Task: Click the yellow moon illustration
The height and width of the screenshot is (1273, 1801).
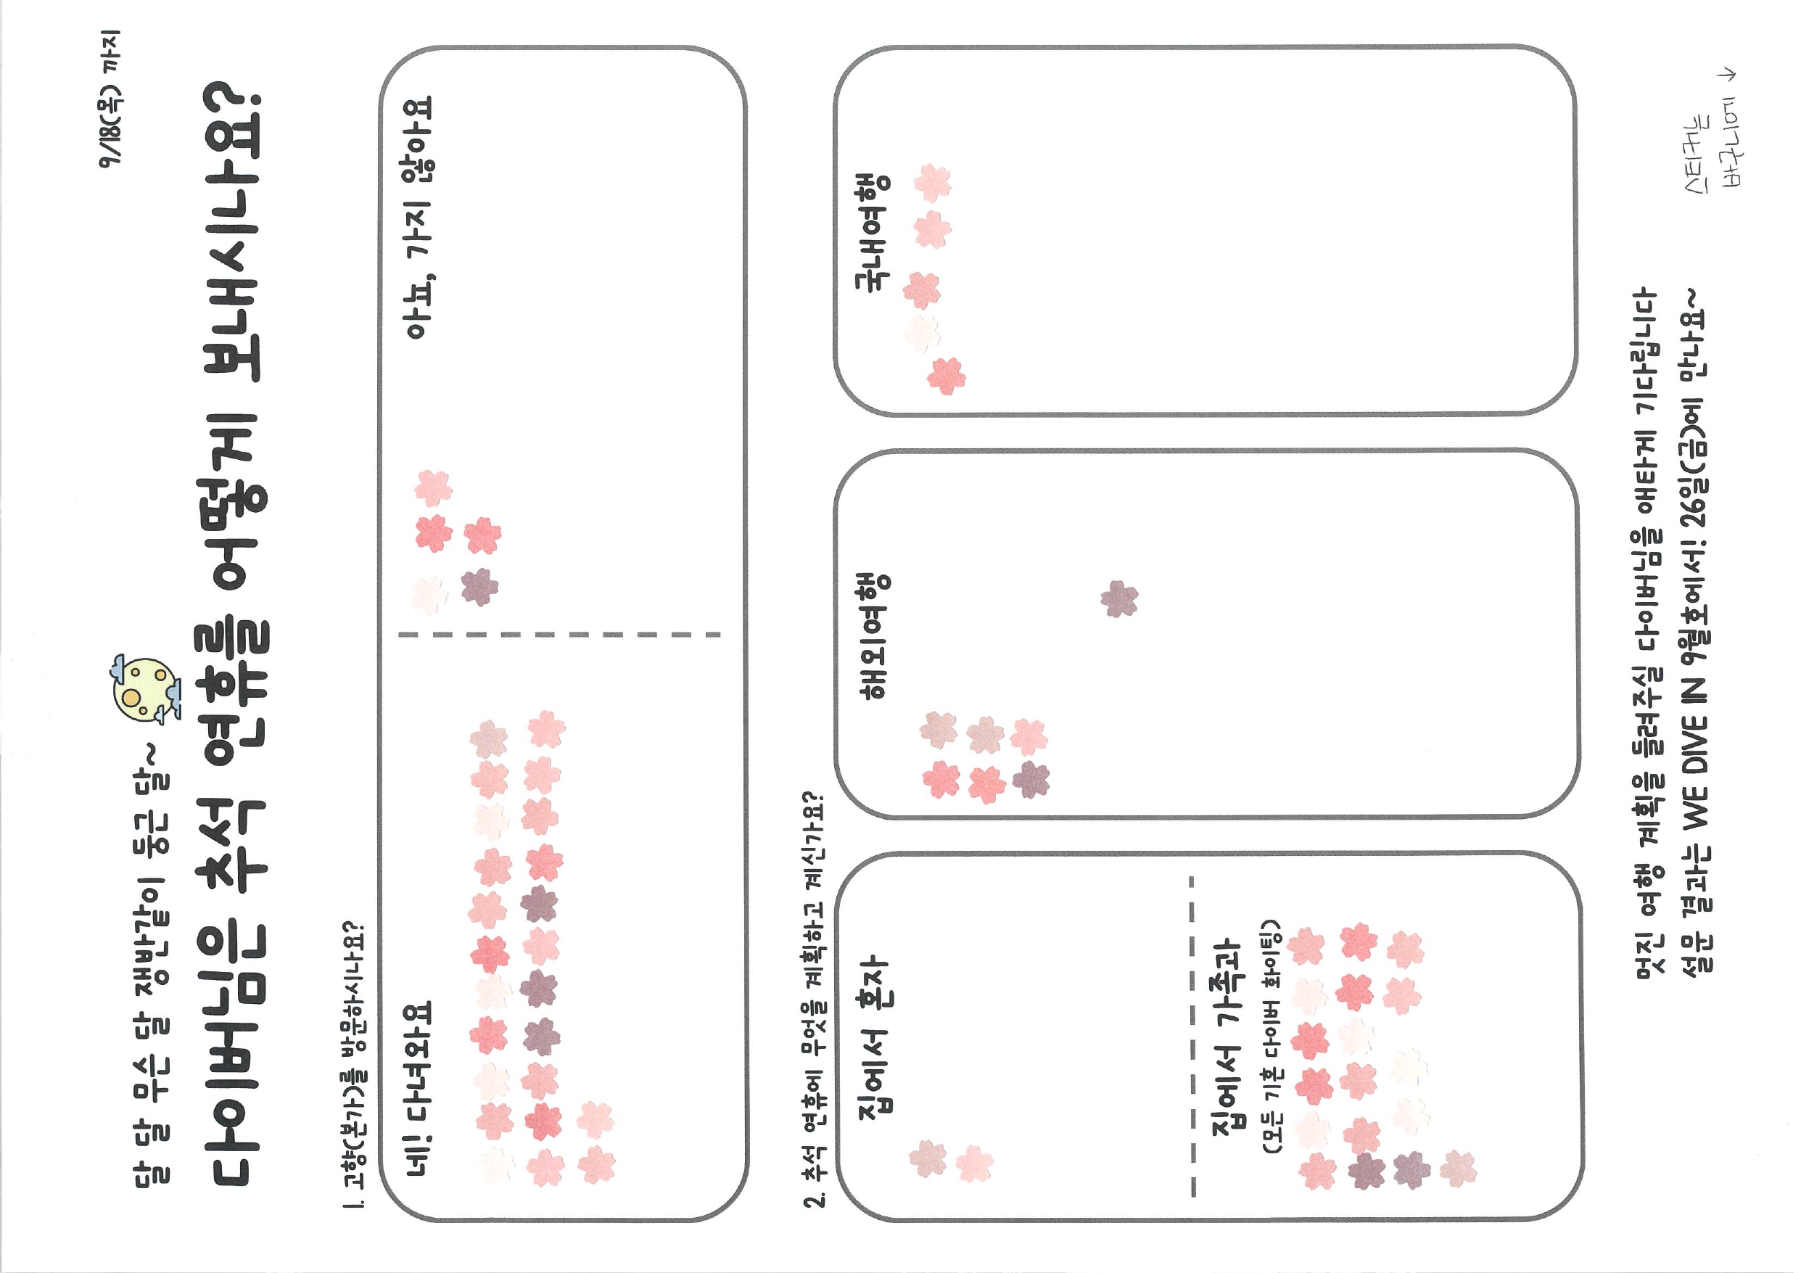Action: [x=142, y=688]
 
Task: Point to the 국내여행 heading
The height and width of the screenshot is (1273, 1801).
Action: [x=873, y=231]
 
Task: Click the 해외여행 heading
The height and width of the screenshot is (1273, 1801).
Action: [x=873, y=635]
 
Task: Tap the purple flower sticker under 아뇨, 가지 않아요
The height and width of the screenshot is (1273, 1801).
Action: [x=479, y=587]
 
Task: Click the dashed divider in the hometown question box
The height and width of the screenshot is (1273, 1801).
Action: [x=559, y=634]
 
